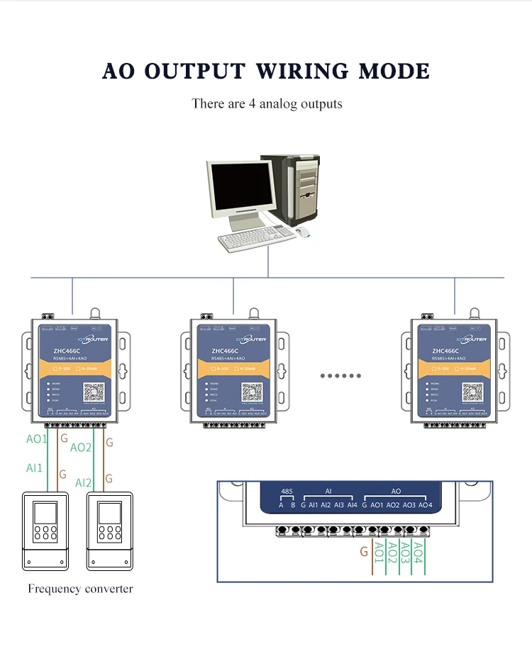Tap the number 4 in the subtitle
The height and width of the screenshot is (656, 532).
(252, 104)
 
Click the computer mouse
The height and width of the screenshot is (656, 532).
(304, 232)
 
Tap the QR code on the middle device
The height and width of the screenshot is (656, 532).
(250, 392)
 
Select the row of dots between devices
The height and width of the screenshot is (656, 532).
(340, 375)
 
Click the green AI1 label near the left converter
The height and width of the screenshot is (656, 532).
(34, 468)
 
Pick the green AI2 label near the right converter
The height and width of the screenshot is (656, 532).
(83, 483)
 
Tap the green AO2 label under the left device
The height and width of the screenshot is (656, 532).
(81, 448)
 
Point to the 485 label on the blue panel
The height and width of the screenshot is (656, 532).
(287, 491)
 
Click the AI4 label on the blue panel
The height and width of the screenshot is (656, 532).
(353, 505)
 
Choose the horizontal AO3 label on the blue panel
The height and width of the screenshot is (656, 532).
(409, 505)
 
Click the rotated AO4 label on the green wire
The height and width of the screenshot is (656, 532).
(419, 552)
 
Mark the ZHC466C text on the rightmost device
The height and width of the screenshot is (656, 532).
(445, 351)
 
